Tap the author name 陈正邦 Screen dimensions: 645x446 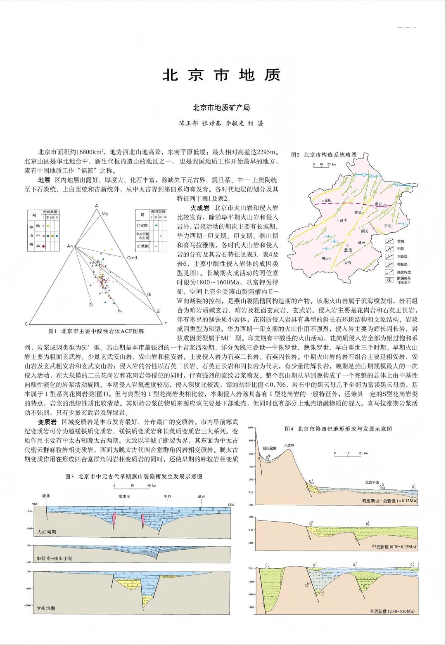[x=188, y=123]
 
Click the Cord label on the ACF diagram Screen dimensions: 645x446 [x=132, y=258]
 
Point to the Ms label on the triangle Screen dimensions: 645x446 [x=104, y=214]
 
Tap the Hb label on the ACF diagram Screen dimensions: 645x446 [x=120, y=311]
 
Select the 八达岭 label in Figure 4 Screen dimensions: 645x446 [x=289, y=445]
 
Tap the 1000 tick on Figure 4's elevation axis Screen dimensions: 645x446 [x=249, y=428]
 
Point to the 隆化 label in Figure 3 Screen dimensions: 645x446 [x=46, y=496]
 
